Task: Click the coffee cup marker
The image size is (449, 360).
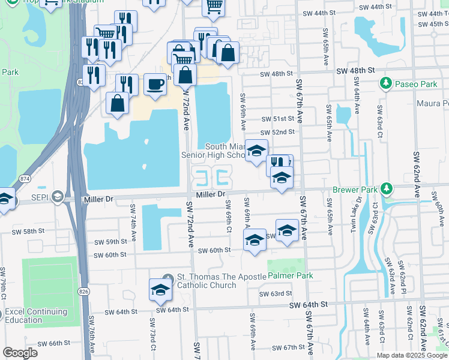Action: [156, 83]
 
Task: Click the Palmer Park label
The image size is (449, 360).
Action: [291, 275]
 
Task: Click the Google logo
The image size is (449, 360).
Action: [20, 352]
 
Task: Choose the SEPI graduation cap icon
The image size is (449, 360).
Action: [57, 196]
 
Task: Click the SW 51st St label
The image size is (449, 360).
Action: [277, 119]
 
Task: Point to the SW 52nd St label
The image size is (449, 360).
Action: [277, 132]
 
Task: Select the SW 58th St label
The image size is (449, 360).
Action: [29, 231]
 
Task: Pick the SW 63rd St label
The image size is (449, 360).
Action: [276, 294]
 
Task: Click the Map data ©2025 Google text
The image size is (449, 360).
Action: [411, 355]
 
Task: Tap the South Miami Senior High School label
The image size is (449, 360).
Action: [224, 151]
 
